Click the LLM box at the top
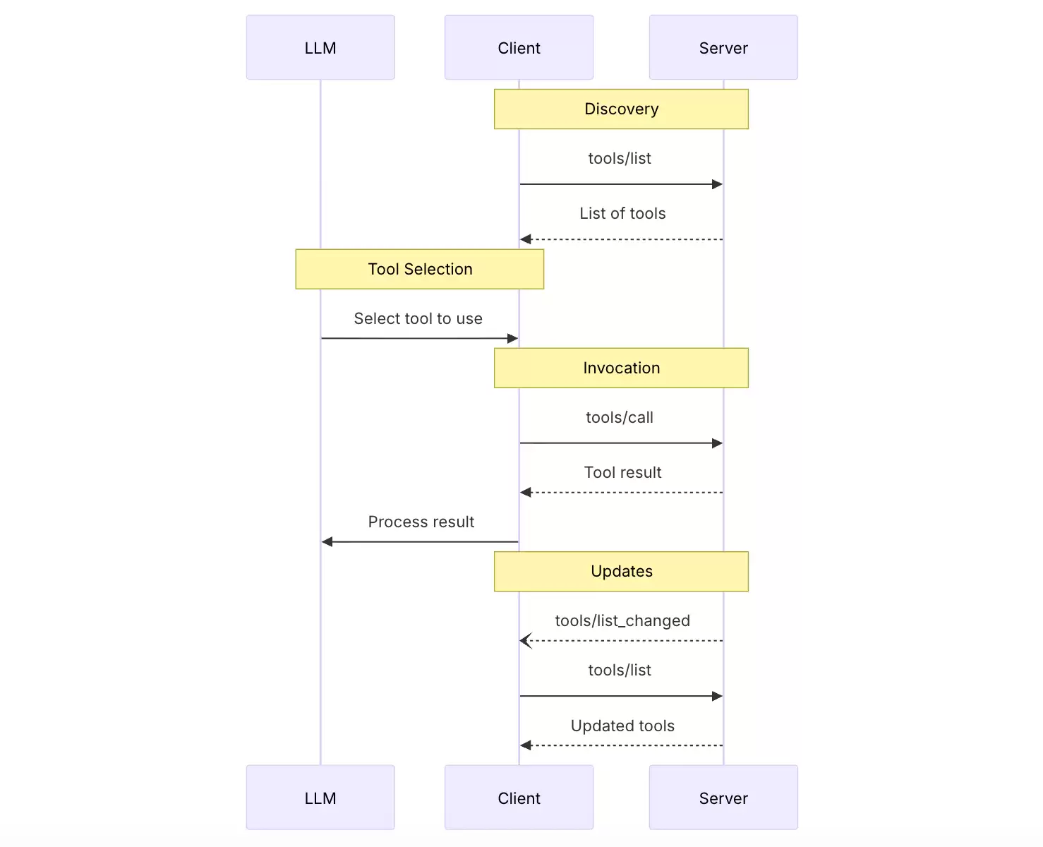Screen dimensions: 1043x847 pos(320,47)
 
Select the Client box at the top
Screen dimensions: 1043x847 pos(519,47)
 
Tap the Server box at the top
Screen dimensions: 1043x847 pos(723,47)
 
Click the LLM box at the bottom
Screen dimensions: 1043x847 pos(320,797)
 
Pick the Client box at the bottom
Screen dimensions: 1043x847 pos(519,797)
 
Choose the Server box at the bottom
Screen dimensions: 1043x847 pos(723,797)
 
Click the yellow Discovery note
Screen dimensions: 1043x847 pos(621,109)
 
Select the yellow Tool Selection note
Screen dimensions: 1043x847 pos(420,269)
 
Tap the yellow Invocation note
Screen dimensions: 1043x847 pos(621,368)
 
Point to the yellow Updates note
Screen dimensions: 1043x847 pos(621,571)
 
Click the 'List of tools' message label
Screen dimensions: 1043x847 pos(622,213)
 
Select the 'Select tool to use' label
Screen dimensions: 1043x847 pos(418,318)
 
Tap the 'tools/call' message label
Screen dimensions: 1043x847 pos(620,417)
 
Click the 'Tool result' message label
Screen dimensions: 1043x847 pos(622,472)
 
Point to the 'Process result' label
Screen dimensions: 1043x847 pos(421,522)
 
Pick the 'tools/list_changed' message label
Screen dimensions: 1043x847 pos(622,621)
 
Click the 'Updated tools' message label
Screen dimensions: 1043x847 pos(622,726)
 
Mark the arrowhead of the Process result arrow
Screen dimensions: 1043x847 pos(327,541)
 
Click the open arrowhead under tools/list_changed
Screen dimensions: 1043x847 pos(526,640)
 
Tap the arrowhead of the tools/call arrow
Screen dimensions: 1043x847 pos(718,443)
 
